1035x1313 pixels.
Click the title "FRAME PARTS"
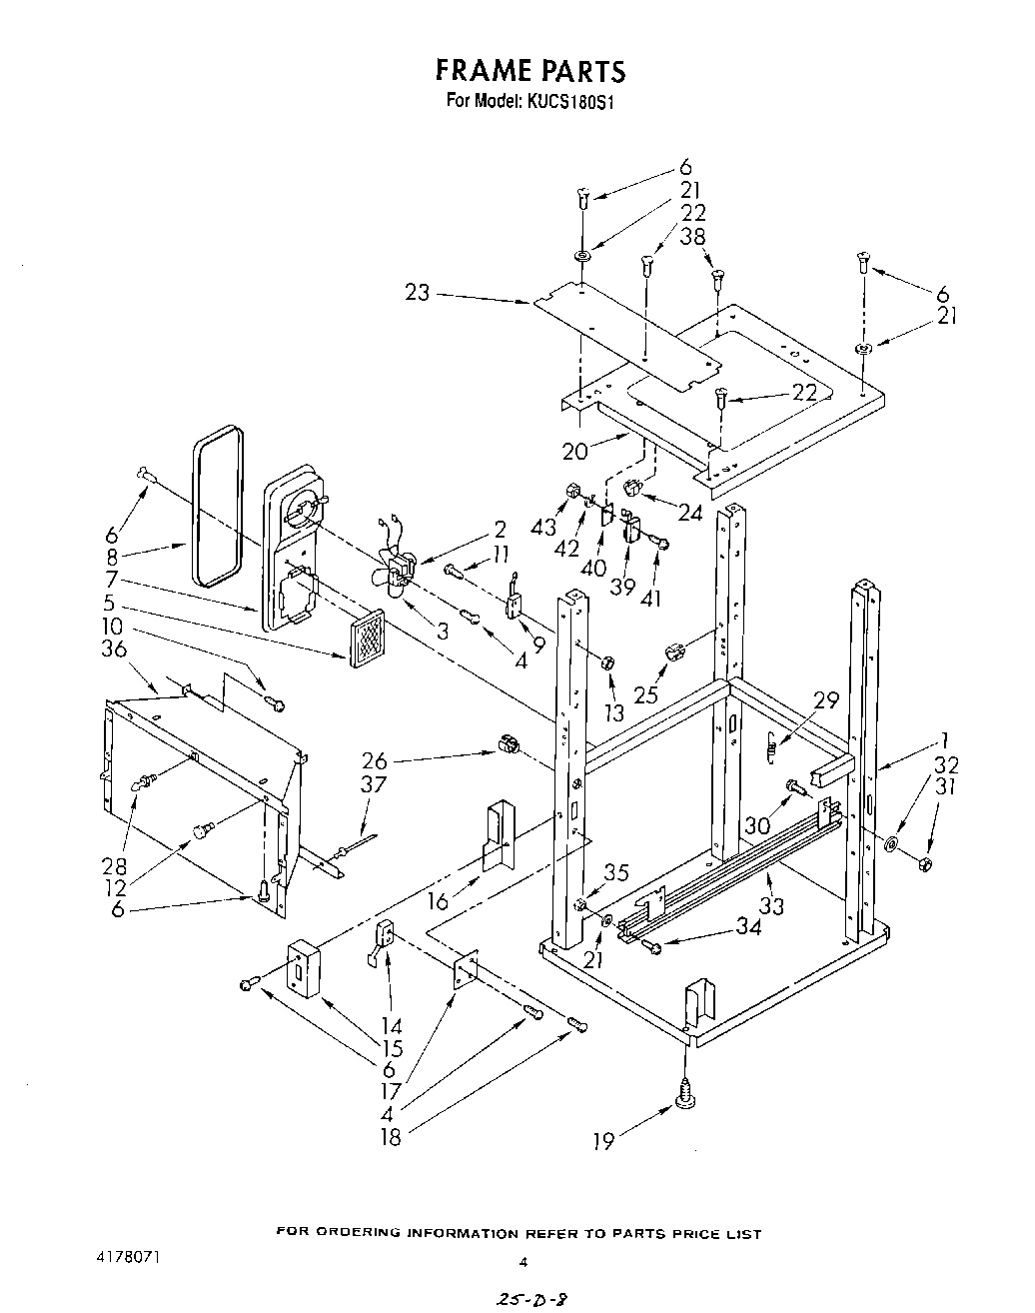click(x=530, y=70)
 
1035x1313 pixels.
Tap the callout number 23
click(x=417, y=292)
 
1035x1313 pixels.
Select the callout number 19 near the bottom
click(x=602, y=1140)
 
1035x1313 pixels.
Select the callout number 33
click(x=771, y=905)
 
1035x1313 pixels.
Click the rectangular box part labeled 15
click(x=303, y=968)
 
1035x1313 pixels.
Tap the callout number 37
click(x=373, y=785)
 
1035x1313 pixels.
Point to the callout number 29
click(x=825, y=700)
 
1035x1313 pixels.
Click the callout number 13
click(x=612, y=712)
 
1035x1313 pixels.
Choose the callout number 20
click(x=574, y=451)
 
